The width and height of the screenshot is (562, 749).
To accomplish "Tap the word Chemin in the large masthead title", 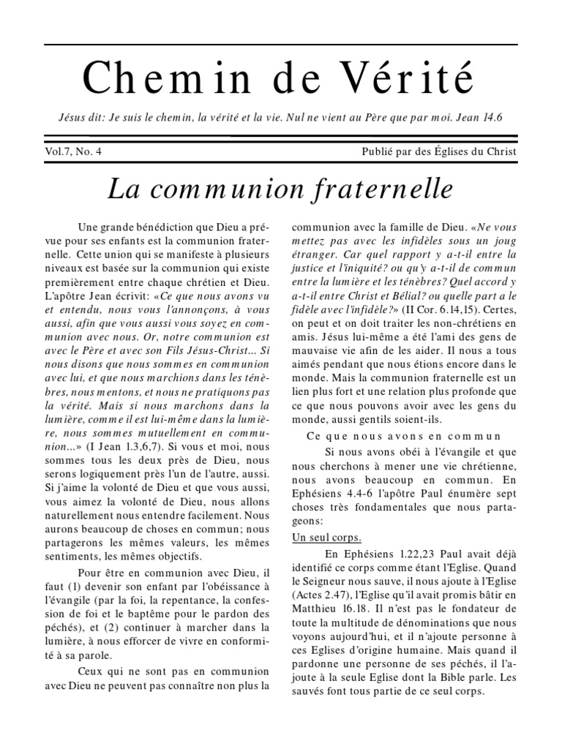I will click(157, 77).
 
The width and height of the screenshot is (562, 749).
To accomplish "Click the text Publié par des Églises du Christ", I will click(439, 152).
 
